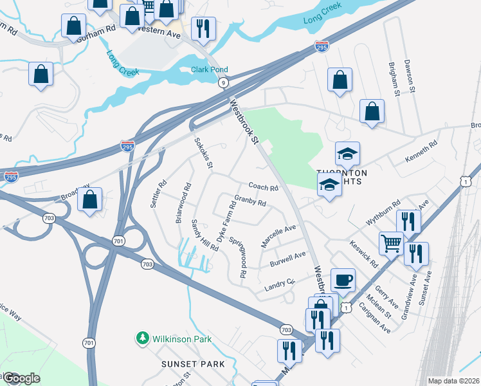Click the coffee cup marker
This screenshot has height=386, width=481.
343,280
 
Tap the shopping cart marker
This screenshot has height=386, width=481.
391,243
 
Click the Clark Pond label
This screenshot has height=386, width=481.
210,70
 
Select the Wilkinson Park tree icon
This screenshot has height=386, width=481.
141,338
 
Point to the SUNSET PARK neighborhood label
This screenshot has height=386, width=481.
193,364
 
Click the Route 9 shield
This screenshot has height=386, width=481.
223,82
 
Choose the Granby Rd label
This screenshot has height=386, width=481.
250,201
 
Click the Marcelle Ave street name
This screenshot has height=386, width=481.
278,236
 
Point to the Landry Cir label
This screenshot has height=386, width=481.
279,285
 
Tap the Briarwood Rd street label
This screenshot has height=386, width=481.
183,203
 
